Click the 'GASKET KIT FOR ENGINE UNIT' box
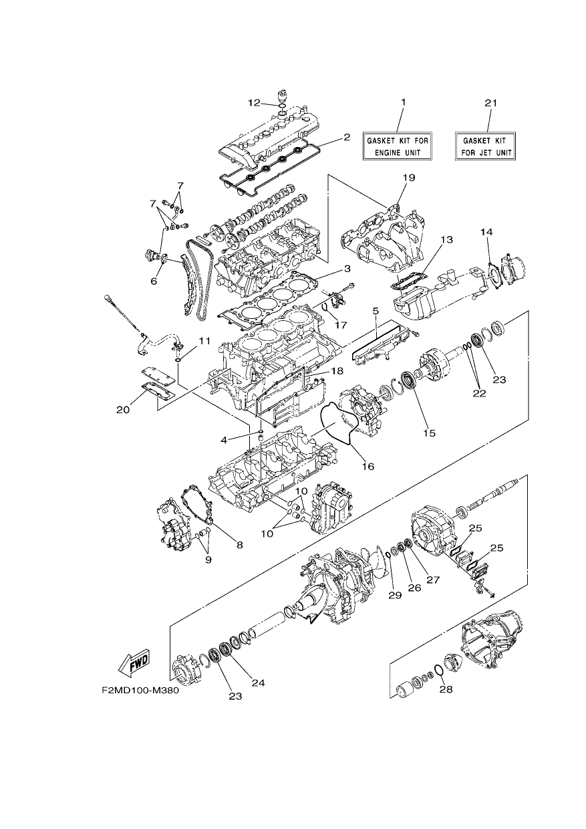coord(398,146)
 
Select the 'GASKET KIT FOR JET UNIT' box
coord(485,146)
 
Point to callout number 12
coord(254,103)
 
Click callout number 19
coord(409,178)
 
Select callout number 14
coord(487,232)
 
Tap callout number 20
coord(123,410)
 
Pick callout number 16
coord(368,466)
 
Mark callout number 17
coord(341,324)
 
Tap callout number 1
coord(403,102)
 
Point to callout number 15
coord(430,433)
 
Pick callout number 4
coord(223,440)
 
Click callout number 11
coord(204,340)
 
